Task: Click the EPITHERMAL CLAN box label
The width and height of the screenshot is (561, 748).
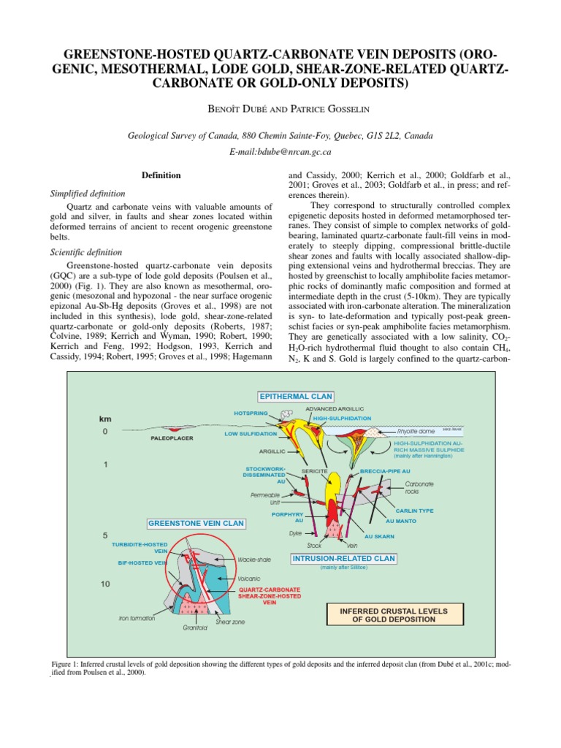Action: click(x=295, y=396)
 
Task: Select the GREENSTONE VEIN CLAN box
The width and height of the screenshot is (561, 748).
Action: click(x=196, y=524)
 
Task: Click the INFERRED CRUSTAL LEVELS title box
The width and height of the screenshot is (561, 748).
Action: click(x=394, y=614)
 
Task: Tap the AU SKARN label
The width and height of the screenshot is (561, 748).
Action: click(x=379, y=536)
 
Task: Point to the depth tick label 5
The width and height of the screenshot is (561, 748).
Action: click(x=105, y=535)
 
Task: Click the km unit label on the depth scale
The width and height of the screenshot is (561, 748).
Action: click(x=106, y=419)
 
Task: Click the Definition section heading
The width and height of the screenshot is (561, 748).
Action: click(x=161, y=175)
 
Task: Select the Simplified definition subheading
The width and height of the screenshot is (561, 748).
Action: click(x=87, y=194)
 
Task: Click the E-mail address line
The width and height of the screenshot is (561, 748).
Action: click(x=280, y=152)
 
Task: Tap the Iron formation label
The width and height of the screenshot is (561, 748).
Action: click(x=137, y=618)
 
